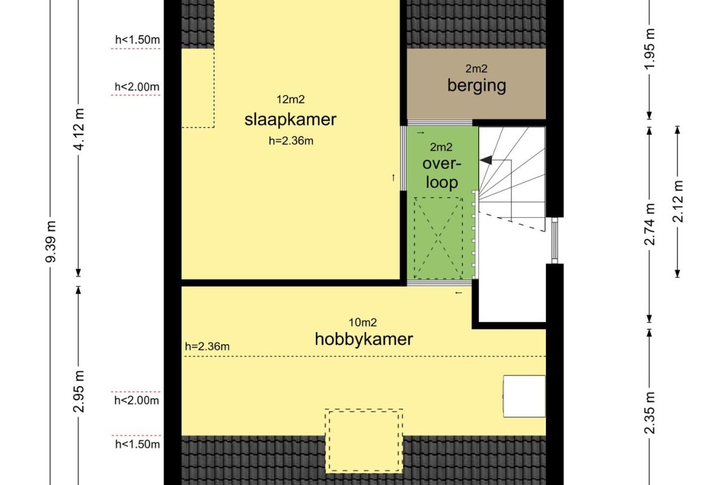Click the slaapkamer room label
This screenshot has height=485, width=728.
point(290,119)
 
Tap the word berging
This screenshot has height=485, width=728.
point(476,85)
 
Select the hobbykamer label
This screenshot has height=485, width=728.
point(363,339)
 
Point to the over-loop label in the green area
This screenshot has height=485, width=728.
point(442,172)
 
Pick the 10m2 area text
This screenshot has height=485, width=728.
point(363,322)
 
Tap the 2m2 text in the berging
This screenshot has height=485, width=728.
point(476,69)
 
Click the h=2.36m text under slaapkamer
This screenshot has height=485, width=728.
point(291,141)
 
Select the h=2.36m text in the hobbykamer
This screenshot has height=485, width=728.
point(208,346)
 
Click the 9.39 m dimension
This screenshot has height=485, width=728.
point(52,242)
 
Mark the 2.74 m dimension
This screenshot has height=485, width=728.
point(650,224)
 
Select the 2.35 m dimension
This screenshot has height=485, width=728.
point(650,413)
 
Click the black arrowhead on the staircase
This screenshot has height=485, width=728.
point(485,160)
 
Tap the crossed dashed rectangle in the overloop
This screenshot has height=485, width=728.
point(439,237)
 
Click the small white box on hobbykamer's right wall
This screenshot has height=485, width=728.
point(525,396)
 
